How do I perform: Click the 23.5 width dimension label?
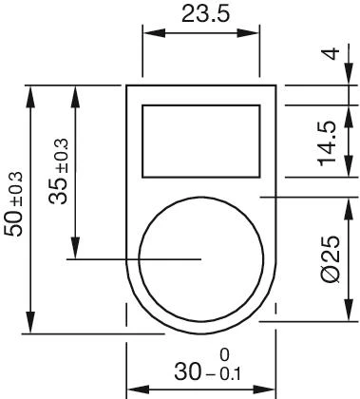(205, 14)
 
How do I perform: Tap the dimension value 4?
(332, 53)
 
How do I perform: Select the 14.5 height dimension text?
(328, 143)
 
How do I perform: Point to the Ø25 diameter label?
(331, 258)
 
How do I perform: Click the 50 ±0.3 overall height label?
(14, 204)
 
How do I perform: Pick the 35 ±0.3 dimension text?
(59, 171)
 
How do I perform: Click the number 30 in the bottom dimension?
(187, 371)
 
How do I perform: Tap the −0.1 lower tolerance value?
(223, 374)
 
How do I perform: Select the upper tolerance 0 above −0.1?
(224, 355)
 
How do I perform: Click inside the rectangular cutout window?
(201, 141)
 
